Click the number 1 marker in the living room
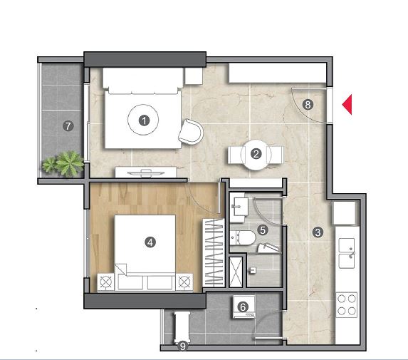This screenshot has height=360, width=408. click(x=144, y=120)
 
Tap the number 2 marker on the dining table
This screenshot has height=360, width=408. click(x=256, y=154)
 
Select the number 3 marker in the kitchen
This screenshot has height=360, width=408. click(x=318, y=232)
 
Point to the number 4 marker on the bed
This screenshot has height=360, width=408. click(x=150, y=242)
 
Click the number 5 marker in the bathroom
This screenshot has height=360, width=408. click(x=263, y=230)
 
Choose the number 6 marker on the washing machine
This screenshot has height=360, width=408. click(x=243, y=307)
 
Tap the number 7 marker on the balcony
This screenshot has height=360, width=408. click(x=68, y=126)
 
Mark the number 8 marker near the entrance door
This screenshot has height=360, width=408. click(x=308, y=105)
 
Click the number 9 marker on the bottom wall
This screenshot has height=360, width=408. click(x=183, y=346)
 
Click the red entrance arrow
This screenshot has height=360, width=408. click(x=348, y=105)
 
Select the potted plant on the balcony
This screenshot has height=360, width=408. click(x=63, y=164)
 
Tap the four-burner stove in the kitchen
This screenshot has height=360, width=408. click(x=347, y=305)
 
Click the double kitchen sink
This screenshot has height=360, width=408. click(x=347, y=253)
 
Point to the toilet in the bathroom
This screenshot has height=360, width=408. click(x=243, y=238)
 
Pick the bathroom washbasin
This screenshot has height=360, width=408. click(x=239, y=207)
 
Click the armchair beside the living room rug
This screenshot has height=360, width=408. click(x=191, y=132)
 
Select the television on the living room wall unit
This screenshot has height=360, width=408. click(x=146, y=173)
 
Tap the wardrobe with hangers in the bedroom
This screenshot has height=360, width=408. click(x=214, y=252)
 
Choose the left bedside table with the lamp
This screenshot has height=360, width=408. click(x=105, y=282)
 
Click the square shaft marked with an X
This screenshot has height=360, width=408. click(x=236, y=272)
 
